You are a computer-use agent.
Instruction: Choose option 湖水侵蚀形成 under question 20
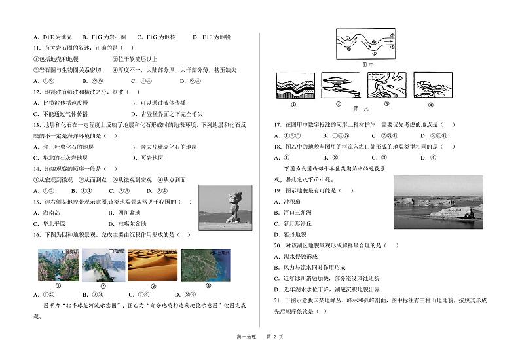[303, 257]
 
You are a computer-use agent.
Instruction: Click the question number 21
[277, 300]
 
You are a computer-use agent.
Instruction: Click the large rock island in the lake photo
[456, 211]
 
